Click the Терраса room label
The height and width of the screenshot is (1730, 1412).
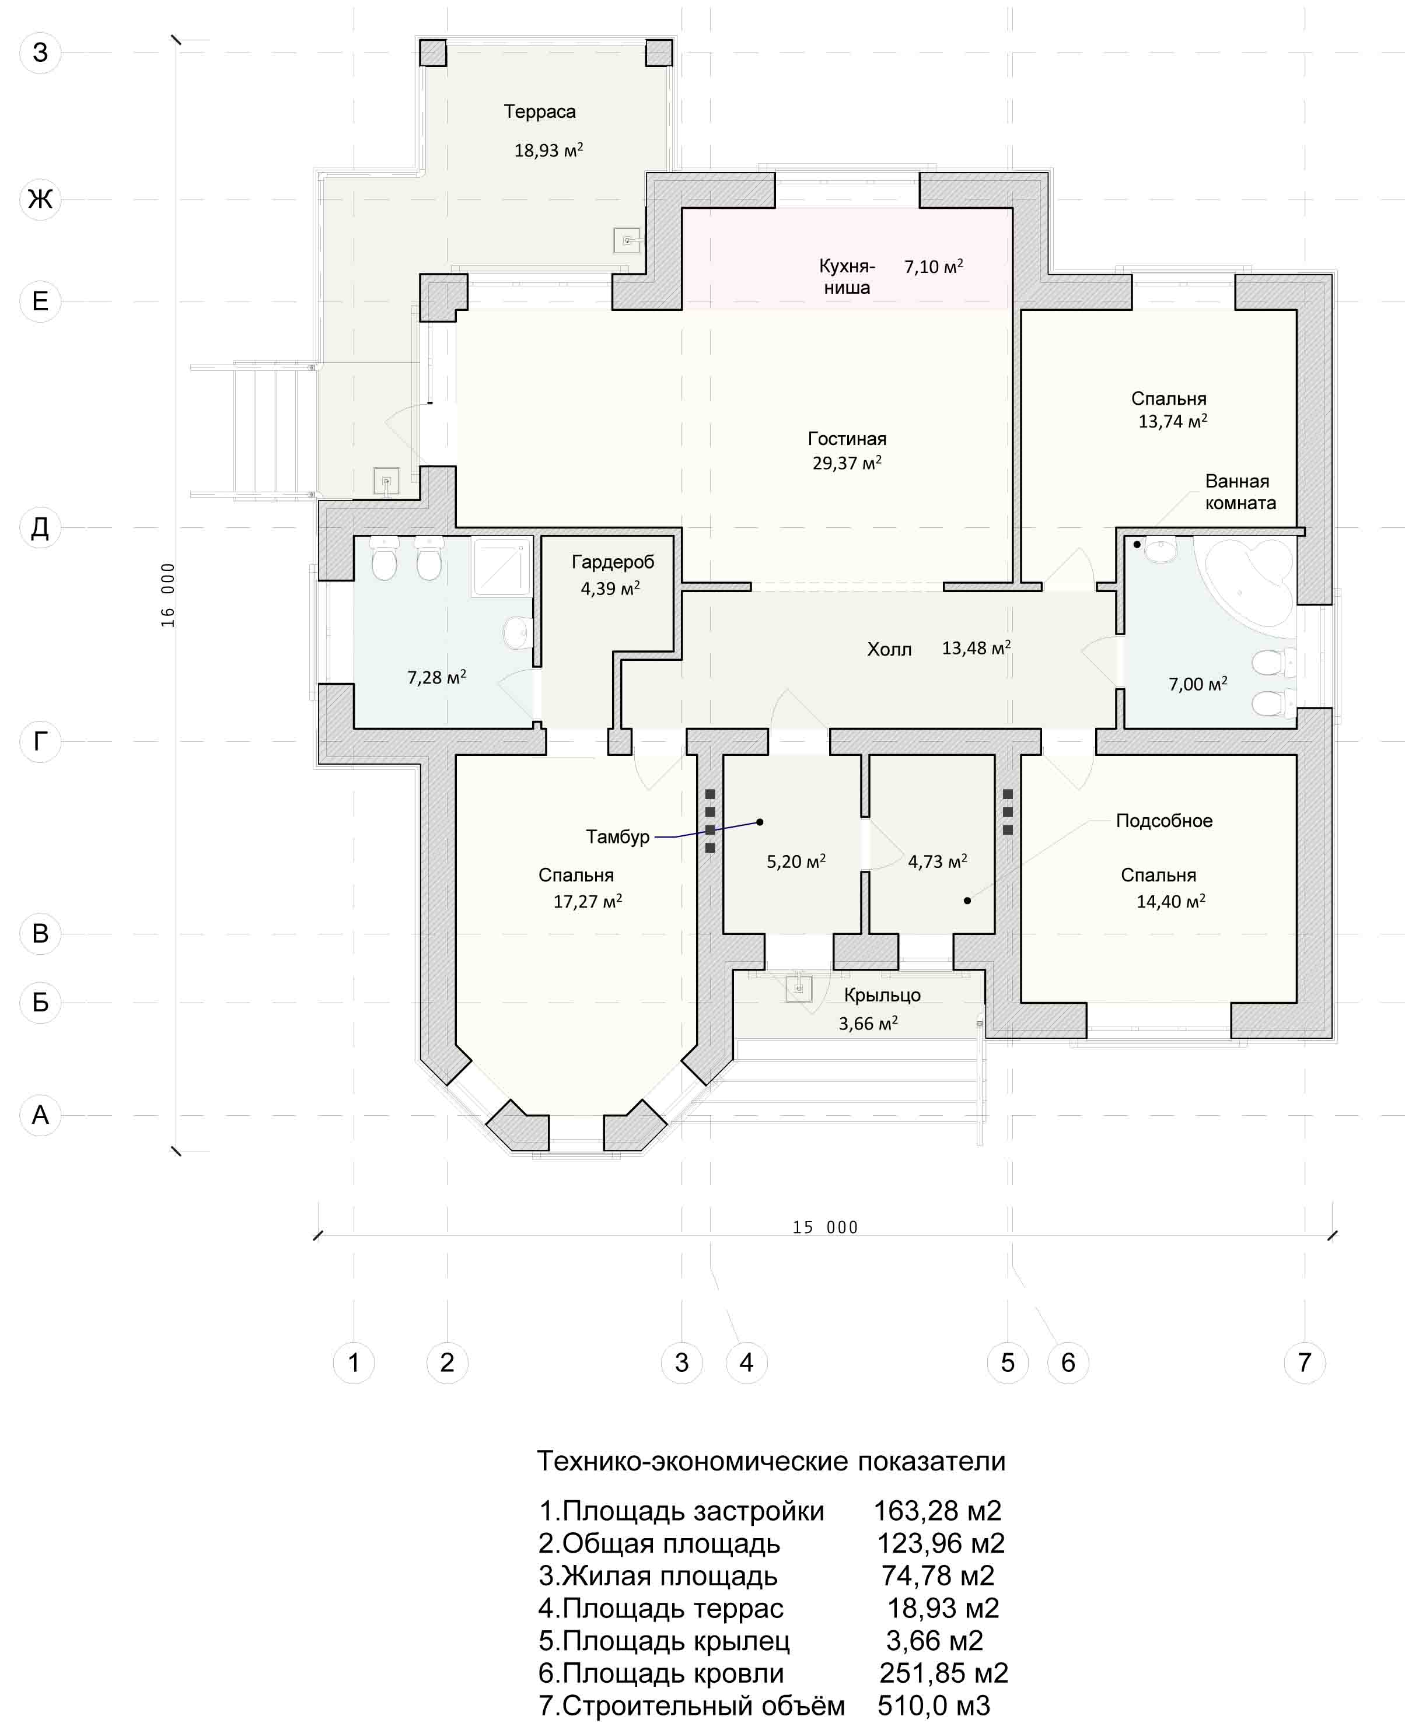coord(539,111)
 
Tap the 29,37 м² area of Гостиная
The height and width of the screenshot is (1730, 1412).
coord(847,463)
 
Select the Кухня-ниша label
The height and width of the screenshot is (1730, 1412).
coord(847,276)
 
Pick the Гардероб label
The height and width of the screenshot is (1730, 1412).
coord(613,562)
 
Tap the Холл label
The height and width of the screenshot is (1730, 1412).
coord(889,649)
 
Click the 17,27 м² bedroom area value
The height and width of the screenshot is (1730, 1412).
coord(587,901)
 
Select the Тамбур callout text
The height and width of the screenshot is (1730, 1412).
coord(617,836)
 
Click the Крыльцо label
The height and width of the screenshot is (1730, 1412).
coord(882,995)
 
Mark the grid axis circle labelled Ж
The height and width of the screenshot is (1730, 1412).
coord(40,199)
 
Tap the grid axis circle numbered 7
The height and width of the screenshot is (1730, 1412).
coord(1305,1362)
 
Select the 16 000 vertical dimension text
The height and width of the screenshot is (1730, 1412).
coord(167,594)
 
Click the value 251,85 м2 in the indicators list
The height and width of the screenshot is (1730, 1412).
coord(943,1672)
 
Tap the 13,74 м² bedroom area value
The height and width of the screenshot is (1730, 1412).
coord(1172,421)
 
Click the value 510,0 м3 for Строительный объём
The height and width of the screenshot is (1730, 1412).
coord(934,1705)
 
